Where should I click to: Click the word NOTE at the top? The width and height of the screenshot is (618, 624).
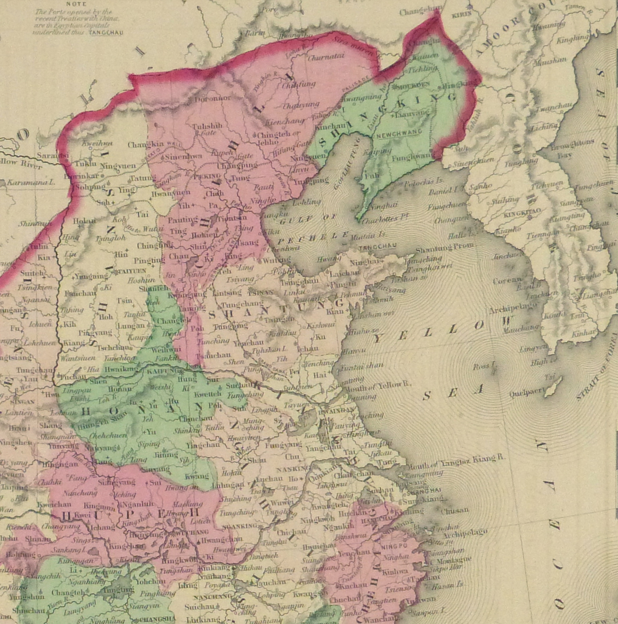[76, 4]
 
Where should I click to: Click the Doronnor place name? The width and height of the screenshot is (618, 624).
[213, 98]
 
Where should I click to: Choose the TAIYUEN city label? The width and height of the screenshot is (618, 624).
[131, 271]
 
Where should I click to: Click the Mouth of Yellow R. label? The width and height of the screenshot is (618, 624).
[377, 385]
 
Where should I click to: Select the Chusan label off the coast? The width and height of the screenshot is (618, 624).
[455, 511]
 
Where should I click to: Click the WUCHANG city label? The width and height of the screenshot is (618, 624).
[195, 532]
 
